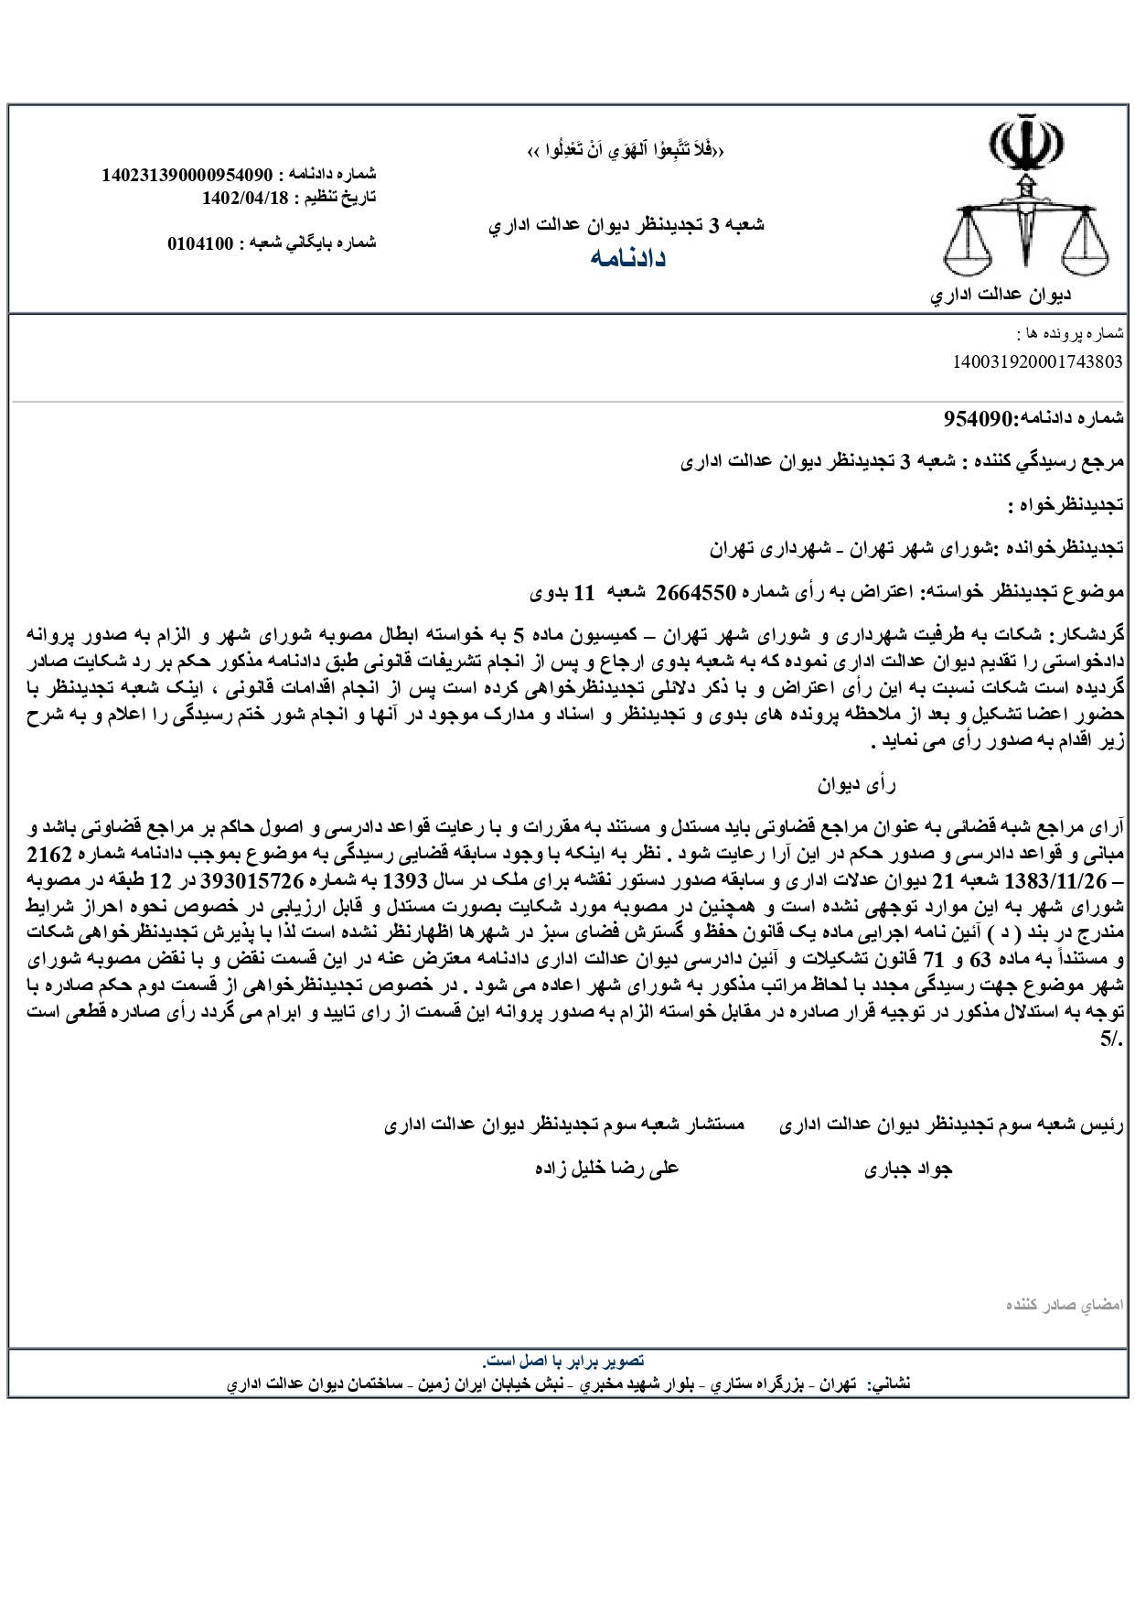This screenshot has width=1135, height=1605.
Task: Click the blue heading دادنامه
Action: pos(626,259)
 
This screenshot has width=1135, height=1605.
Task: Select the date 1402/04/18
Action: pos(244,196)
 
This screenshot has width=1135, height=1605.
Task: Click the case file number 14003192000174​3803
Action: pos(1037,361)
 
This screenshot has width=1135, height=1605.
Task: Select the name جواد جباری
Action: pos(907,1169)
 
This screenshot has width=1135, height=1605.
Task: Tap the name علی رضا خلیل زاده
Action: pos(605,1169)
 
